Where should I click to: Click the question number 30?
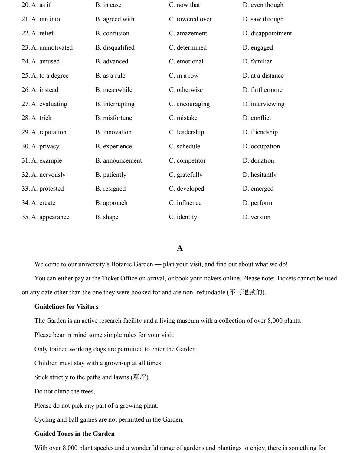pos(25,147)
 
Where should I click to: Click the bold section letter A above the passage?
pos(180,248)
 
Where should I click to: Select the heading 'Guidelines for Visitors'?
pos(66,307)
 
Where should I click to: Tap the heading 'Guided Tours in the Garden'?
pos(74,434)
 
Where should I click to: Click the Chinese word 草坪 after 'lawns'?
pos(139,377)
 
